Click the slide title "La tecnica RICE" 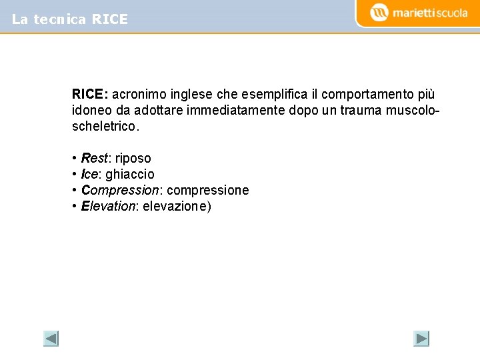coord(69,19)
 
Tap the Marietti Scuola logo coord(419,13)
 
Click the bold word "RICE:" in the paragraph coord(91,95)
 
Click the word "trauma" coord(364,110)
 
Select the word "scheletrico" coord(103,125)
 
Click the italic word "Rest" coord(94,158)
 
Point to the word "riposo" coord(133,158)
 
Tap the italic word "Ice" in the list coord(89,174)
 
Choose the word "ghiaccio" coord(130,174)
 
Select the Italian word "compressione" coord(208,190)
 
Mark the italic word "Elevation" coord(108,206)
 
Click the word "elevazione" coord(175,206)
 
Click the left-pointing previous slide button coord(51,339)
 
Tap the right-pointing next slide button coord(421,339)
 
